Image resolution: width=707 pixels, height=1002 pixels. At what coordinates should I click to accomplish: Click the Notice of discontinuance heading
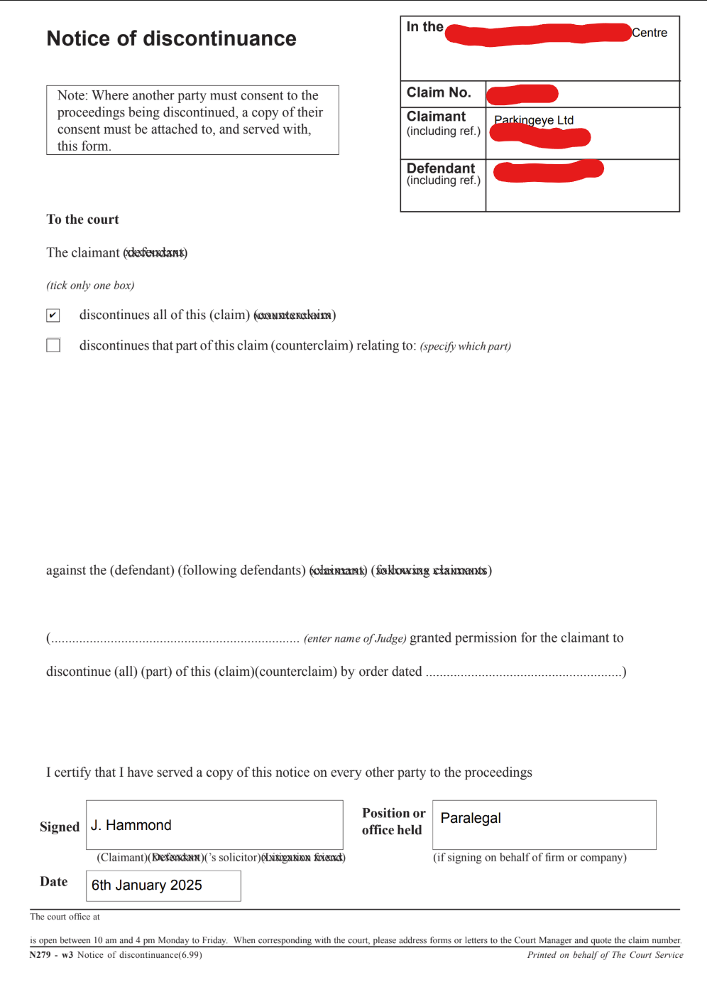[171, 38]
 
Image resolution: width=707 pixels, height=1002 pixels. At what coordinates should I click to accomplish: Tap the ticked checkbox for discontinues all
[53, 315]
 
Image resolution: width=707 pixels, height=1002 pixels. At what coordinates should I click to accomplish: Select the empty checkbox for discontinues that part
[53, 345]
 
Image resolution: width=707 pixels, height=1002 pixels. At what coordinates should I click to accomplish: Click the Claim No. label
[439, 92]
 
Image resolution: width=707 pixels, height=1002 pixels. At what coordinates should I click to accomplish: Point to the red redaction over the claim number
[522, 93]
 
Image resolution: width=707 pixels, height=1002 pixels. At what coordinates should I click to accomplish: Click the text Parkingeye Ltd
[534, 119]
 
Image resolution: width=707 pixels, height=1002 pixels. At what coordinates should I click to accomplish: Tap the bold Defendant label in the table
[441, 168]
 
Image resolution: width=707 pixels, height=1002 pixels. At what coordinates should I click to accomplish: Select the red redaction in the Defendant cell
[548, 171]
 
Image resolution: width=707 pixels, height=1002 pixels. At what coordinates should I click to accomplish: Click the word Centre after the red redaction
[650, 33]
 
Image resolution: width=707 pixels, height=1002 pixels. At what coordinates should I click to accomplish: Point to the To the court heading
[83, 220]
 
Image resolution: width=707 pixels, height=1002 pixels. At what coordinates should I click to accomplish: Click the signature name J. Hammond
[131, 825]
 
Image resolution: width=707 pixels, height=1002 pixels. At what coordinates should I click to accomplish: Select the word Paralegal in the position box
[471, 818]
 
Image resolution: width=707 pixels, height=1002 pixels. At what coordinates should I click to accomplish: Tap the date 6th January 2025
[147, 885]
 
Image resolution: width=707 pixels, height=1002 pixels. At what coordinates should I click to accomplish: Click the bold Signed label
[60, 827]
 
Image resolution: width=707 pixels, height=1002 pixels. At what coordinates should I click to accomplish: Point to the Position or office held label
[393, 821]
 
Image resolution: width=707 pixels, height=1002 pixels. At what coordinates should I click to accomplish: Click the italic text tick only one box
[90, 286]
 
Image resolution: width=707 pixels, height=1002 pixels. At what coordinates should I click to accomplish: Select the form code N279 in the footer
[40, 955]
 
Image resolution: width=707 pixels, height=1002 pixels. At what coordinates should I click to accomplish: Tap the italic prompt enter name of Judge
[355, 638]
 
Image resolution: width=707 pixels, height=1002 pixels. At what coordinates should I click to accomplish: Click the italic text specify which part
[466, 346]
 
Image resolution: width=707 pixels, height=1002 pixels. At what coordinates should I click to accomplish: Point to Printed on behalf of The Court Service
[605, 955]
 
